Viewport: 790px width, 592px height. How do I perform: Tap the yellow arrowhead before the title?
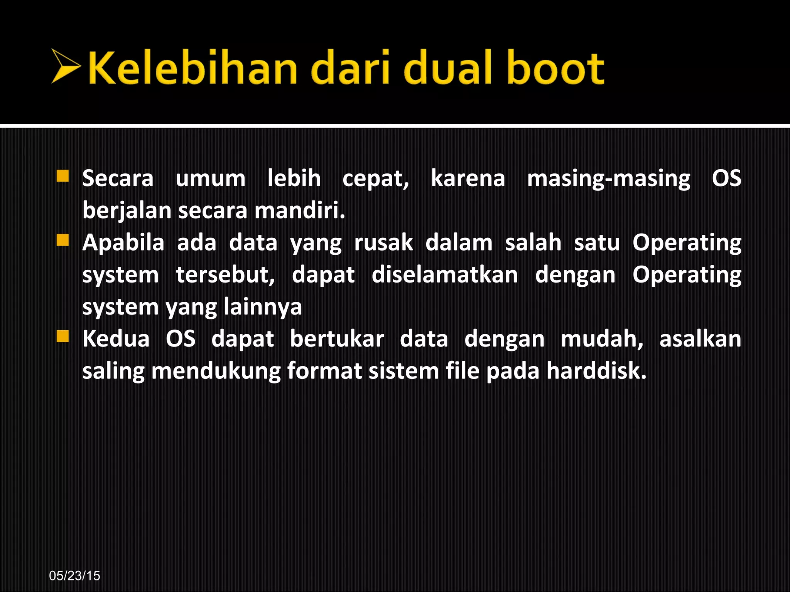[65, 66]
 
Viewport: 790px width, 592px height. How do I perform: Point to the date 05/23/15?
[74, 575]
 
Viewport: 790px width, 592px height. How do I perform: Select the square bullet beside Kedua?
[62, 336]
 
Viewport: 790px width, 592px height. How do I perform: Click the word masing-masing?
[608, 179]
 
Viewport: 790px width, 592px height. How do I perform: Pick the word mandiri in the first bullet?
[299, 211]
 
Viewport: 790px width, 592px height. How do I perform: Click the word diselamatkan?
[444, 275]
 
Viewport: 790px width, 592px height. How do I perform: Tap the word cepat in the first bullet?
[375, 179]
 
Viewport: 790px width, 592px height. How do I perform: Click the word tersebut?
[225, 275]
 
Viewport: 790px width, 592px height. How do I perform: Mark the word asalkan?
[700, 339]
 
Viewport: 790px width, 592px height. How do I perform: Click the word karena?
[468, 179]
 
